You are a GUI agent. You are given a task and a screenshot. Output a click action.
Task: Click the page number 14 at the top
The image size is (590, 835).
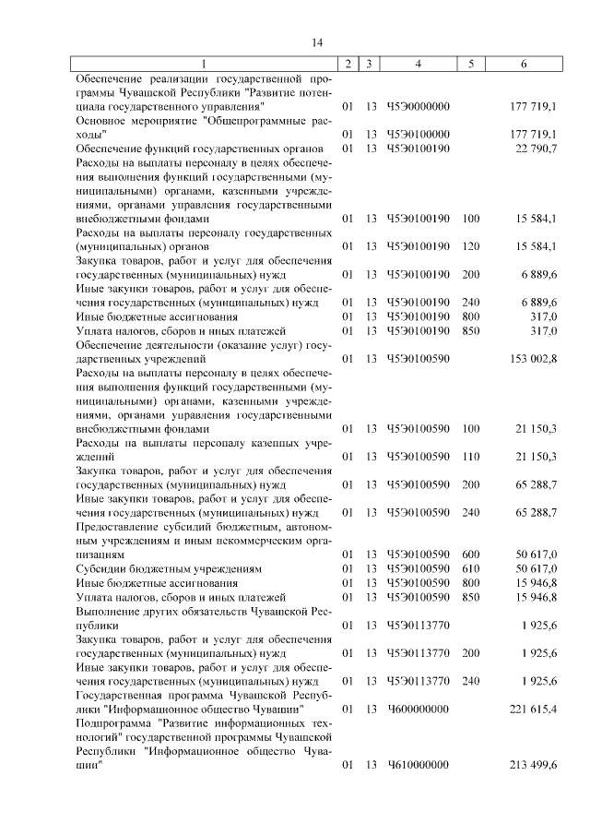click(x=317, y=42)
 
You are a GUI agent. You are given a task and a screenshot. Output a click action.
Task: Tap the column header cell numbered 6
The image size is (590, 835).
click(x=524, y=64)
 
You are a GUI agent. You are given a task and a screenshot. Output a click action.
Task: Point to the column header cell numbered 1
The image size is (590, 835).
click(x=204, y=64)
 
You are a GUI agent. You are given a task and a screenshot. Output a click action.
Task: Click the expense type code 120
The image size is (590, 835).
click(x=471, y=246)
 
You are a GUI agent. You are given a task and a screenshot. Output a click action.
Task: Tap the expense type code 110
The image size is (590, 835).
click(x=471, y=457)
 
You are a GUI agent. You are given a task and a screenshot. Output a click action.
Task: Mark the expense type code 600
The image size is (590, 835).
click(x=471, y=555)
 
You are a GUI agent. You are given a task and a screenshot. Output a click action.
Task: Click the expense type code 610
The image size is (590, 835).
click(x=471, y=568)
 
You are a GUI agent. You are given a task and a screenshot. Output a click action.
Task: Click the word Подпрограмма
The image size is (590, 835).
click(x=113, y=723)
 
